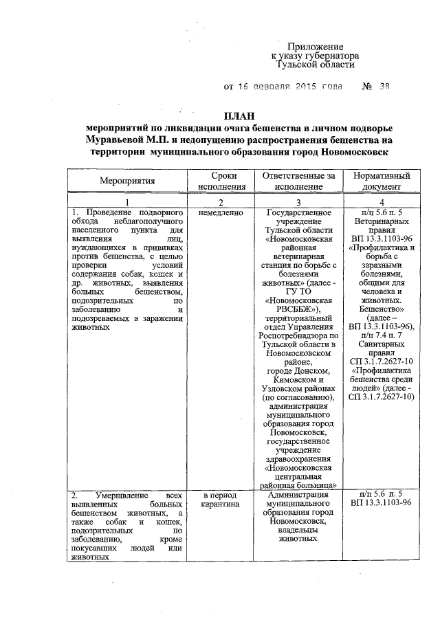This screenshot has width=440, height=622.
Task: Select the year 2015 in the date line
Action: [x=296, y=87]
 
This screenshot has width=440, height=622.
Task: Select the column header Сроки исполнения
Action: [x=220, y=181]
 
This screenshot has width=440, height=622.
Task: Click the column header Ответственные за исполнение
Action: [x=298, y=181]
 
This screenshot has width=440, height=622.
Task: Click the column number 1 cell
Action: [x=127, y=202]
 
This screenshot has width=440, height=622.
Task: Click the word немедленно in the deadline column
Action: [x=220, y=213]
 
